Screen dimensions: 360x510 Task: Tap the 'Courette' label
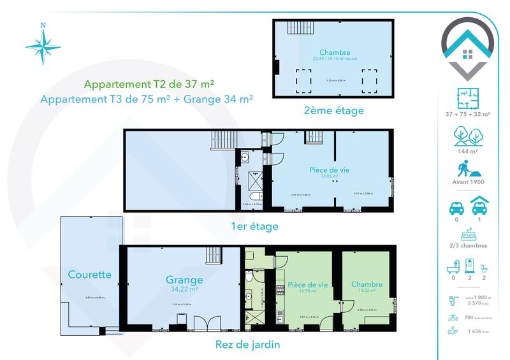point(89,275)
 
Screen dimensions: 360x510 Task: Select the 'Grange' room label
point(184,279)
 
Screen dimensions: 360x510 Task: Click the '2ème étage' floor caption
point(334,111)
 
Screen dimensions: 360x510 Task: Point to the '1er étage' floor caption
point(256,226)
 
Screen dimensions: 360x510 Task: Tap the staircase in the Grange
point(212,256)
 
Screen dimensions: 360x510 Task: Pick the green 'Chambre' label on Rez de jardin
point(366,284)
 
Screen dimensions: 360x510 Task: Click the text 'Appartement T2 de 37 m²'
point(149,84)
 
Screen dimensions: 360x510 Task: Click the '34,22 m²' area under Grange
point(184,289)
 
